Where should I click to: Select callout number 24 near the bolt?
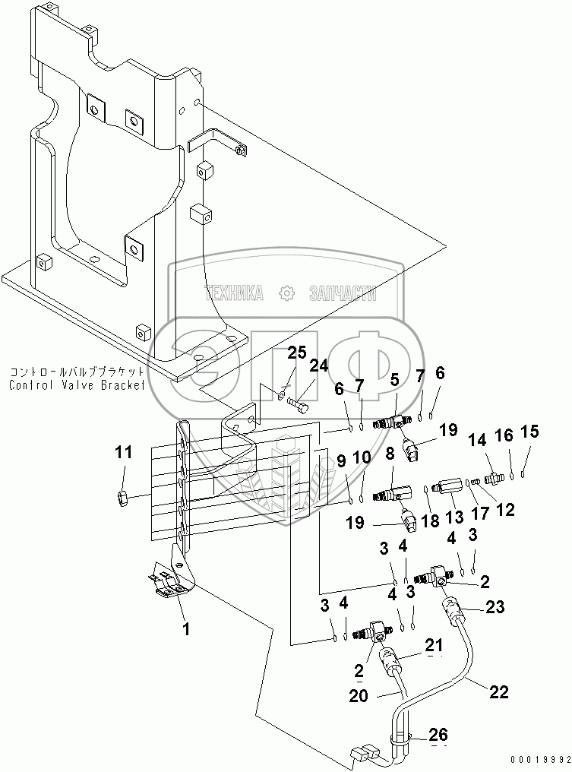tap(318, 366)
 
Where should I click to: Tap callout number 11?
tap(124, 454)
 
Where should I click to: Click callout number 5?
tap(395, 378)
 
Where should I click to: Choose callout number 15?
tap(529, 432)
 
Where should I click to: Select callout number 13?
tap(453, 517)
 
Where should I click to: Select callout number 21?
tap(433, 644)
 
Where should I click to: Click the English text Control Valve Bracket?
tap(77, 385)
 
